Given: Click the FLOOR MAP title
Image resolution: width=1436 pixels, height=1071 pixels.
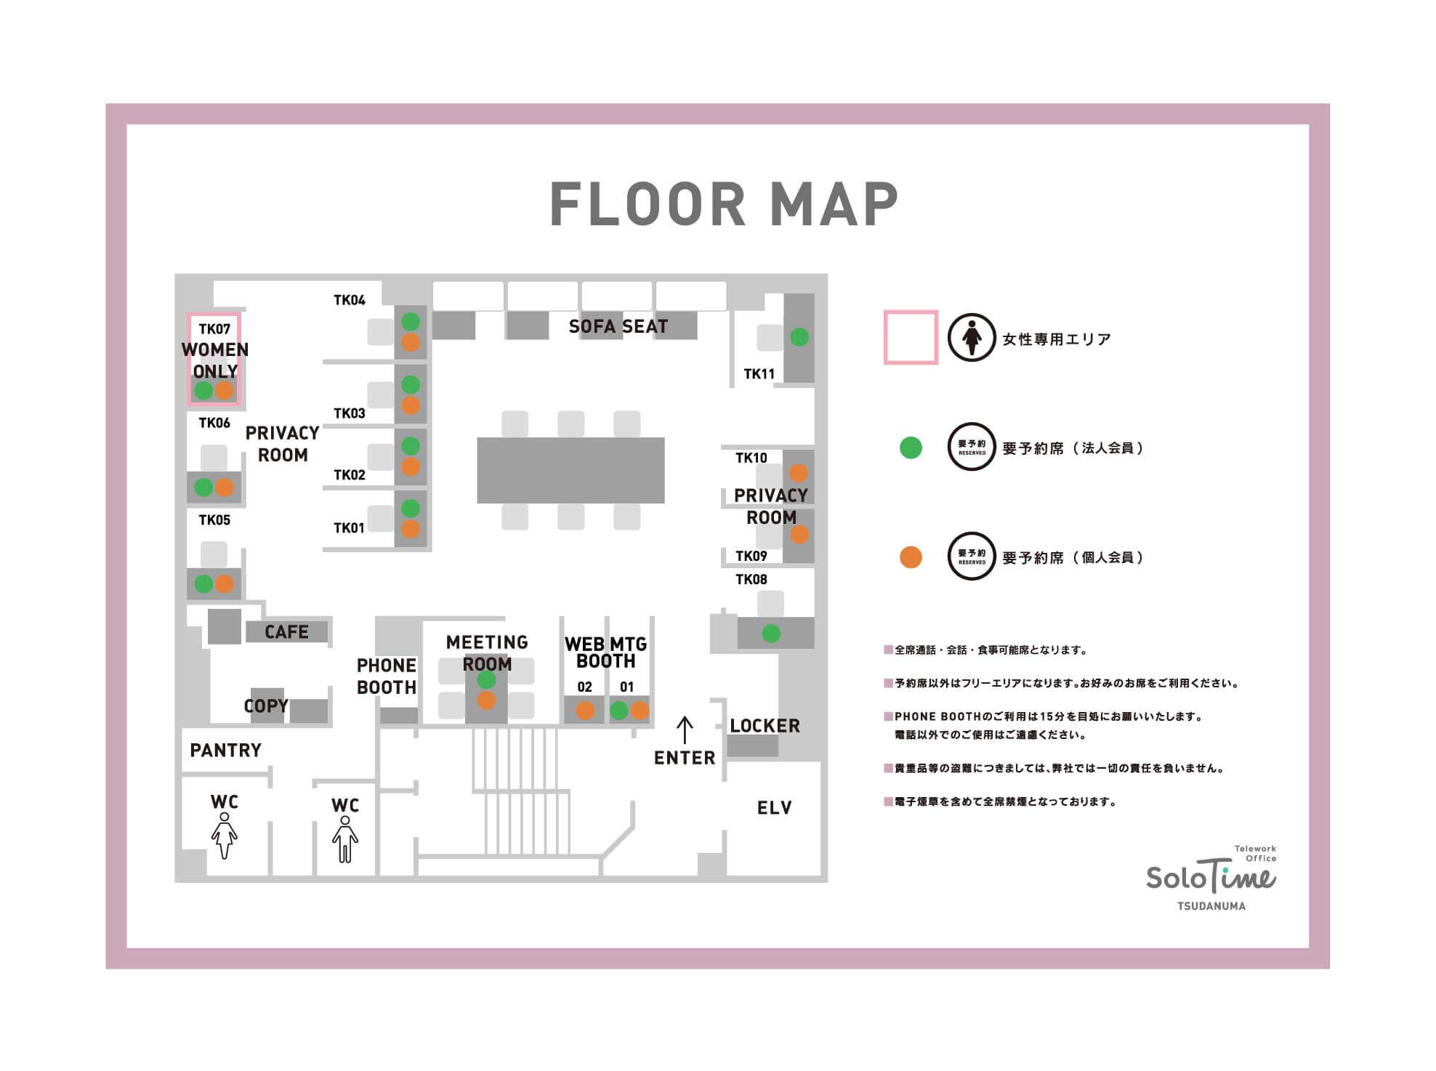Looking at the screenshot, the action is click(724, 204).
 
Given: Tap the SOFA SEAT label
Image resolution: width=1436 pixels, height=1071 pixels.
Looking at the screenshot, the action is click(618, 327).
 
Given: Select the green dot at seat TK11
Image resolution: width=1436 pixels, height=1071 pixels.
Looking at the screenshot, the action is click(799, 337).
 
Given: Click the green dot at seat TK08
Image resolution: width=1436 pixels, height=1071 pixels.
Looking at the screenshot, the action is click(771, 634).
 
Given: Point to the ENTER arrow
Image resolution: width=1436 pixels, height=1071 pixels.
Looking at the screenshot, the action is click(685, 730).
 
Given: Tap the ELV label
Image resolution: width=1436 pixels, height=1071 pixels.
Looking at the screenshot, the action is click(775, 808).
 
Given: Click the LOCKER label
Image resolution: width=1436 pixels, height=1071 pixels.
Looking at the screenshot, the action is click(765, 726).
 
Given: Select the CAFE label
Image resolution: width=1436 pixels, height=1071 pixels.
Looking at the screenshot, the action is click(286, 632).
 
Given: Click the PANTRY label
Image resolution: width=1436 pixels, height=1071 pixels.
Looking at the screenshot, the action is click(225, 751).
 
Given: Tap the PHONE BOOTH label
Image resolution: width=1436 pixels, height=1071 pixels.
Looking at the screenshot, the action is click(387, 676).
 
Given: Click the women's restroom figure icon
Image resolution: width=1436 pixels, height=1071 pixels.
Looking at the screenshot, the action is click(225, 836).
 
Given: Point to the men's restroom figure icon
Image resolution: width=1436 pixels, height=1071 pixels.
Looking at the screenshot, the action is click(345, 839).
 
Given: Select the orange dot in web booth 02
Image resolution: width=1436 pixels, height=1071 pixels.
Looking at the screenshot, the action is click(585, 711).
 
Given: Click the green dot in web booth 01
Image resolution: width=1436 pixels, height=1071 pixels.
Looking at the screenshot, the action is click(619, 711).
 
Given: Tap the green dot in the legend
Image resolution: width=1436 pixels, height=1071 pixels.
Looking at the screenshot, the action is click(911, 448).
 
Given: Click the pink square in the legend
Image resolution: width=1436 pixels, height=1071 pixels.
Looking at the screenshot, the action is click(911, 338).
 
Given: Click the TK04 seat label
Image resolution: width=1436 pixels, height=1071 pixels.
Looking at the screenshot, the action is click(350, 300).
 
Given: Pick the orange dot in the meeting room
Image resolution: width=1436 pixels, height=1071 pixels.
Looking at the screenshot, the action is click(486, 700).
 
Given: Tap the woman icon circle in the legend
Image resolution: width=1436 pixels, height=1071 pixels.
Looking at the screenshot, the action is click(972, 338).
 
